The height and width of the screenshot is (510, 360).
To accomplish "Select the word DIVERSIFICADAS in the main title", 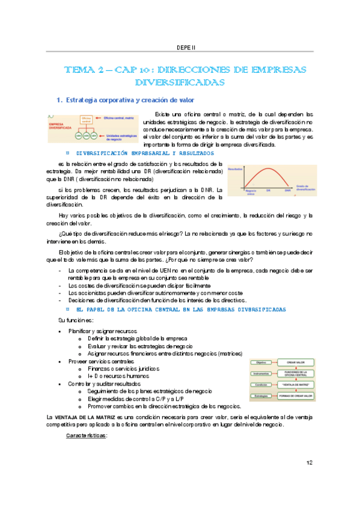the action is coord(180,82).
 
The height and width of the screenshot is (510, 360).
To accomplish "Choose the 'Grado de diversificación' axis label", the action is coord(305,188).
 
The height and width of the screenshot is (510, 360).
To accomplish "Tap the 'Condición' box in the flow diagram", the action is coord(261,385).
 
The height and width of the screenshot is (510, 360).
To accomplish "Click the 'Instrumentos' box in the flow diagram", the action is coord(261,373).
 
